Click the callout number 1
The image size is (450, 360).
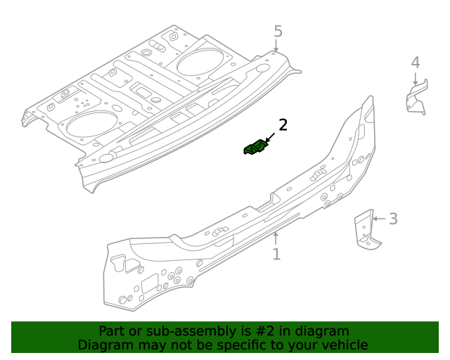(276, 254)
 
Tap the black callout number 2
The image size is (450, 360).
(283, 125)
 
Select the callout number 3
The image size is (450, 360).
(393, 219)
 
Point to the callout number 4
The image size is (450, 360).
(416, 63)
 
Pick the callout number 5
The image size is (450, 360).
(278, 31)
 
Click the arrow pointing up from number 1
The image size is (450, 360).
(276, 238)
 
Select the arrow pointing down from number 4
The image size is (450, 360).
(416, 79)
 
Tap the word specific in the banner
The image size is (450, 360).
(247, 345)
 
